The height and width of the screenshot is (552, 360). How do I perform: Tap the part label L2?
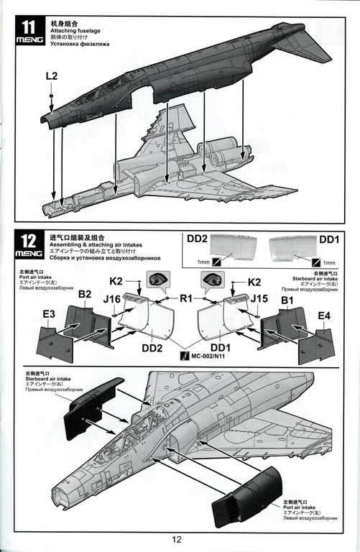pos(52,75)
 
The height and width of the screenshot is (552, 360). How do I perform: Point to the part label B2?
pos(85,294)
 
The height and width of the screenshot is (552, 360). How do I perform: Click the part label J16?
pos(111,298)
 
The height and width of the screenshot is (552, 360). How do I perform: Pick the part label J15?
pos(259,298)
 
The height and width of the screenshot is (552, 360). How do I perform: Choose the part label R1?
pos(186,296)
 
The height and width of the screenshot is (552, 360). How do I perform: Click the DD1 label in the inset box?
pos(329,239)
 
